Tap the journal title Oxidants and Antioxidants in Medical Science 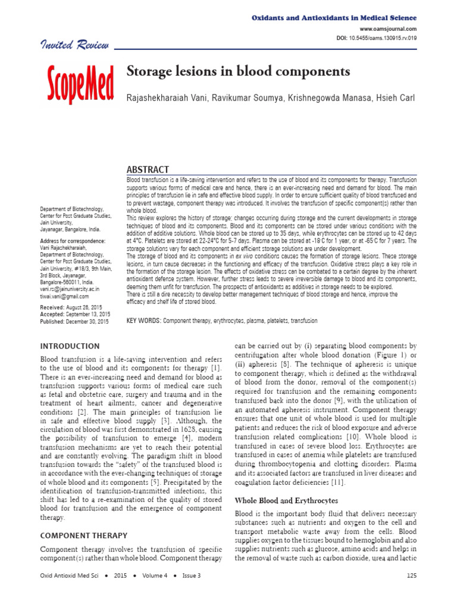tap(332, 18)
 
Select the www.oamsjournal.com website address tap(388, 29)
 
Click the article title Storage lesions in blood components tap(238, 72)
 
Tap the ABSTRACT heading tap(148, 169)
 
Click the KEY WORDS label tap(143, 321)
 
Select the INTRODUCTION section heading tap(69, 346)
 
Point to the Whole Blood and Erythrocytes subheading tap(286, 501)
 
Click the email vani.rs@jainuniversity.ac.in tap(74, 288)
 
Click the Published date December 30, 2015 tap(74, 321)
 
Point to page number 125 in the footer tap(411, 575)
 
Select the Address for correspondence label tap(72, 241)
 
